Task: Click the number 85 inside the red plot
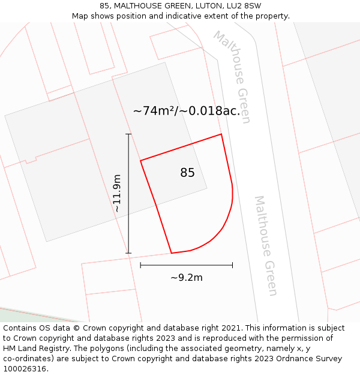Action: tap(187, 173)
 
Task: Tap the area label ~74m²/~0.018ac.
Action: tap(186, 111)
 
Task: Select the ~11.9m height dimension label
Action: tap(117, 193)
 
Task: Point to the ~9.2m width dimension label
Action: tap(187, 277)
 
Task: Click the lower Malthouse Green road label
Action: tap(266, 245)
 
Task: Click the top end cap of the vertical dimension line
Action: tap(128, 134)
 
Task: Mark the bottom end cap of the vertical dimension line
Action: tap(128, 253)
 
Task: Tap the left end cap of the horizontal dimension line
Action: tap(140, 265)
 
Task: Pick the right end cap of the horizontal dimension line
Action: tap(232, 265)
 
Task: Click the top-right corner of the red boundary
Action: tap(221, 134)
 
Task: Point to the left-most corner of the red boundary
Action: tap(140, 160)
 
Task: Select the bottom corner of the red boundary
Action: tap(172, 253)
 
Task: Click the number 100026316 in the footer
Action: tap(25, 369)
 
